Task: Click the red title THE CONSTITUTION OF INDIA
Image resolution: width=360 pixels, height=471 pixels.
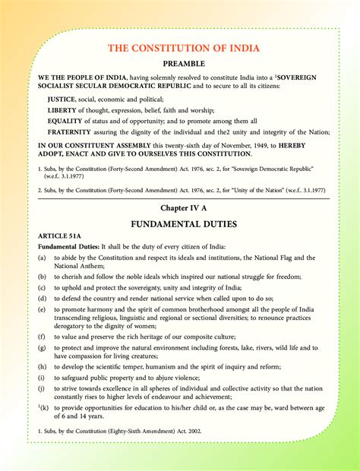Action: point(183,49)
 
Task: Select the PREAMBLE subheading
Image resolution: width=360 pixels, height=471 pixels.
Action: point(183,65)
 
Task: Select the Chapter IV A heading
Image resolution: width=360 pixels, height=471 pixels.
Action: point(183,207)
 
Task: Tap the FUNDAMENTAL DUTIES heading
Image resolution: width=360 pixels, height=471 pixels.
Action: point(183,224)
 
